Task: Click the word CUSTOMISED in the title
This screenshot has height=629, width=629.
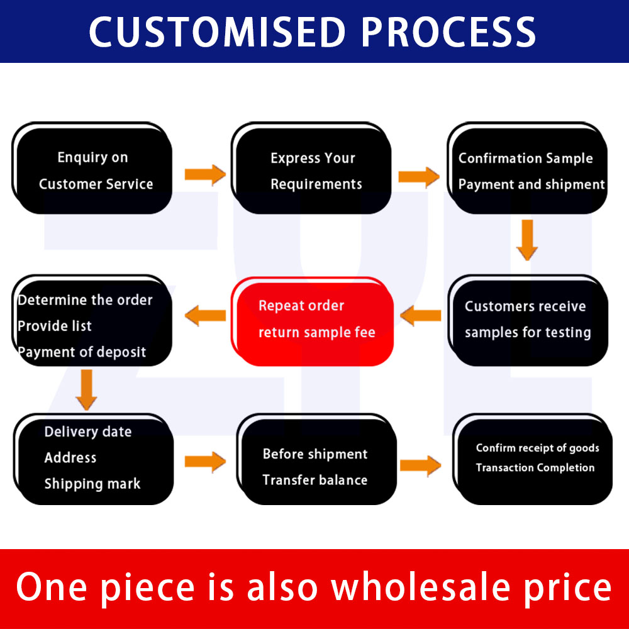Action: (217, 32)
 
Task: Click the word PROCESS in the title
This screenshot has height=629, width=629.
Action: (448, 32)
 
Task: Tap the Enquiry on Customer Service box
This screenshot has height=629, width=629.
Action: (92, 168)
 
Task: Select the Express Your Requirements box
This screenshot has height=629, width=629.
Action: (311, 168)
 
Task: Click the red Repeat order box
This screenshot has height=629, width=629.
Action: (312, 321)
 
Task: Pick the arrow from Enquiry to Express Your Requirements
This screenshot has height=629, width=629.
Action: (205, 174)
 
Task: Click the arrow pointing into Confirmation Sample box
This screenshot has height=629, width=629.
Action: (419, 177)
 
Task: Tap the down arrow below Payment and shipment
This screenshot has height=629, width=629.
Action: (527, 240)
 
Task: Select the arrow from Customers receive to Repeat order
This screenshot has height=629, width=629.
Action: (420, 315)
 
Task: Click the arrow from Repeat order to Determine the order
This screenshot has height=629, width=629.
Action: (205, 315)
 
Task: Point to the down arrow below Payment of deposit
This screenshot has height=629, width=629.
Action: (86, 390)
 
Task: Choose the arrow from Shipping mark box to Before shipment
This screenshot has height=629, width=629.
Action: (205, 462)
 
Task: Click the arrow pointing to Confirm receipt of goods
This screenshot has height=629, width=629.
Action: (420, 465)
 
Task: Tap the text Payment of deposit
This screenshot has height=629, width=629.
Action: (81, 352)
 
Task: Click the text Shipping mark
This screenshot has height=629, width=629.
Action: (92, 484)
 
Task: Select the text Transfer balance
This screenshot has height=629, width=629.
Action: (315, 480)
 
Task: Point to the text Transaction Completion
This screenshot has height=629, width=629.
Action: (535, 468)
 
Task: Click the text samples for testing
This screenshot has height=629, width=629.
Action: (528, 333)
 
